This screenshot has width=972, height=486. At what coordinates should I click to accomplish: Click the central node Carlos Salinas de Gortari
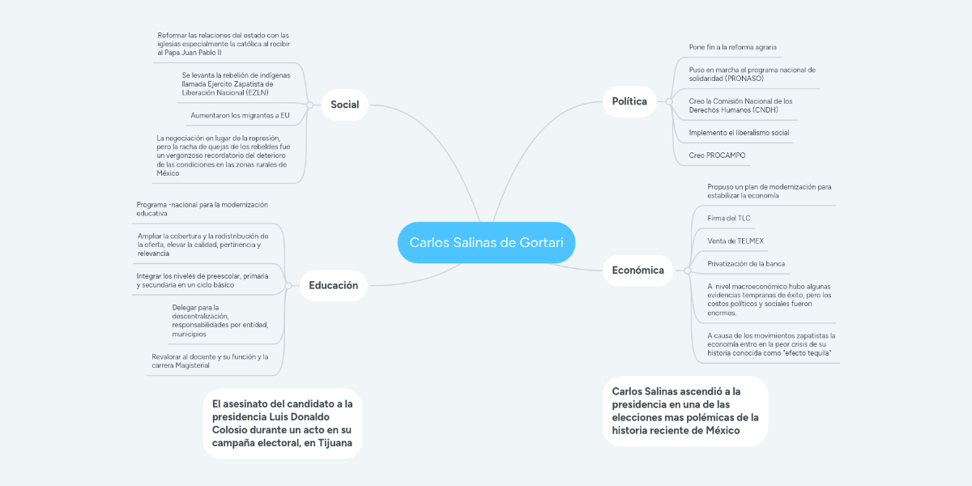pos(486,243)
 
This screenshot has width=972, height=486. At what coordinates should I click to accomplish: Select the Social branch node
pos(344,104)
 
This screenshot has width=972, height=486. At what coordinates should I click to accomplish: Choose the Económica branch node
pos(639,270)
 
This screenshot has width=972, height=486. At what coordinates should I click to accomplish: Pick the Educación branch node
pos(333,285)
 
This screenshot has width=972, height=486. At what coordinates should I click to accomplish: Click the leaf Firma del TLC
pos(728,218)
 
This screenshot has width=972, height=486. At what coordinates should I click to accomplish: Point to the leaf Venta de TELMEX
pos(735,241)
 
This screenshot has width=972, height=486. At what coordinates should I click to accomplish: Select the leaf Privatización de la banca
pos(745,263)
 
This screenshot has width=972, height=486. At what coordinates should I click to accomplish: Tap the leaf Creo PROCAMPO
pos(717,155)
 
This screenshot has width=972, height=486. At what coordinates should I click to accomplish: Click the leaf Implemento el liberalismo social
pos(739,132)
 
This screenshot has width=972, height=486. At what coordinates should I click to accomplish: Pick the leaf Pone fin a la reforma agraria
pos(732,47)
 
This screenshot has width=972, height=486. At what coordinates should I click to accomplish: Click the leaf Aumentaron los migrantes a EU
pos(240,115)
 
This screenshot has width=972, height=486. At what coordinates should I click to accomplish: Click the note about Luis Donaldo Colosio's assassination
pos(282,424)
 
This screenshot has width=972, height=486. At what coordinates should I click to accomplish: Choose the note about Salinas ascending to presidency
pos(685,411)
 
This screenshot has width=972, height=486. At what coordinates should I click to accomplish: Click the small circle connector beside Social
pos(310,104)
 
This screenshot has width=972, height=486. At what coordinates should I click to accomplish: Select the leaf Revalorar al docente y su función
pos(210,360)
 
